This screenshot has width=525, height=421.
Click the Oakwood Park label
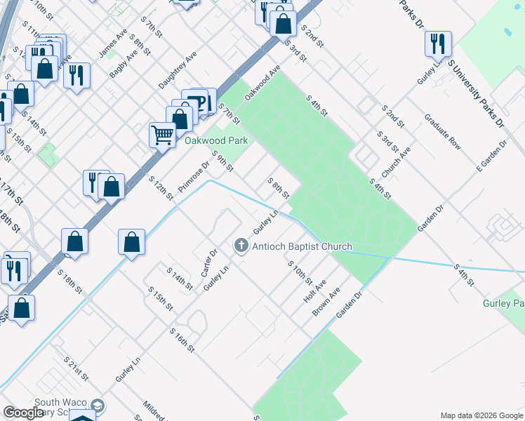[216, 140]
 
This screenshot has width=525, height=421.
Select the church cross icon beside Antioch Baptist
[241, 246]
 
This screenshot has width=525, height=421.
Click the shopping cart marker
[163, 133]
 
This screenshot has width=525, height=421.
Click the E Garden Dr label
[491, 155]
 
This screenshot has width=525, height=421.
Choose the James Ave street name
[113, 44]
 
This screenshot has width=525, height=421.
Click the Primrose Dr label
[194, 178]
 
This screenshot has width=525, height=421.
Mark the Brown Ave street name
[326, 301]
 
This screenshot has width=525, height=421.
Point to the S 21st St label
[76, 368]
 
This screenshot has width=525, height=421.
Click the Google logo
[23, 413]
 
